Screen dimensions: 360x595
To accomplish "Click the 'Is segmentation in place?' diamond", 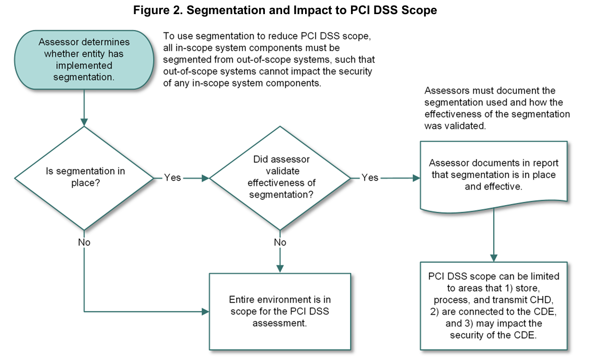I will click(x=84, y=178).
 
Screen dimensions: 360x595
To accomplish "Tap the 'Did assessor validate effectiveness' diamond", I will click(x=281, y=178).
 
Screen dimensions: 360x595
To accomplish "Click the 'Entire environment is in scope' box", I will click(x=279, y=311).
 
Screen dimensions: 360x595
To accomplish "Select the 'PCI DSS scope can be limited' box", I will click(x=493, y=305).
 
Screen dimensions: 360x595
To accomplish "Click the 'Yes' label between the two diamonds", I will click(x=172, y=178).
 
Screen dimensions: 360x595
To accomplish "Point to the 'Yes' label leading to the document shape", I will click(x=370, y=178).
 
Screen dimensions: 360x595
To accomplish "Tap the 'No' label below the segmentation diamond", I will click(x=84, y=242).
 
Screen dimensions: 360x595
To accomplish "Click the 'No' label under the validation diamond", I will click(x=281, y=242).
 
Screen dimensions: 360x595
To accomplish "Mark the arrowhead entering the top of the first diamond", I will click(x=84, y=122).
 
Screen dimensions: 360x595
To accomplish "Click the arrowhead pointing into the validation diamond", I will click(x=205, y=178).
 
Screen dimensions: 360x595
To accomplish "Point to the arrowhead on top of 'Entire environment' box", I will click(x=281, y=269).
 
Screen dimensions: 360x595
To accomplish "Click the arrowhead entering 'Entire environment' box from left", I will click(x=205, y=312).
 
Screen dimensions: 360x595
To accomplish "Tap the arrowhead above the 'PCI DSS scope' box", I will click(x=493, y=258).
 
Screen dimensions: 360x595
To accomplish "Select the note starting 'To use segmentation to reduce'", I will click(x=269, y=60).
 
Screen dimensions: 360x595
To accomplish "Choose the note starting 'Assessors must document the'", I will click(x=497, y=109).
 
